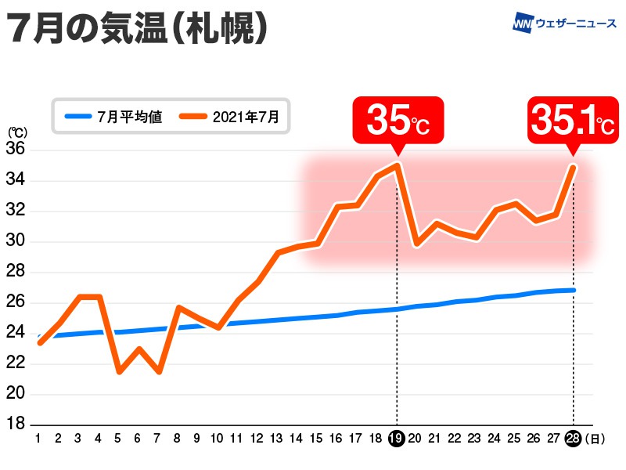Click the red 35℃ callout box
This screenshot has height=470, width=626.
pyautogui.click(x=398, y=121)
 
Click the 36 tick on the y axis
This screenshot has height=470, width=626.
pyautogui.click(x=16, y=150)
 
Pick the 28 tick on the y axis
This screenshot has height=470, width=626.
pyautogui.click(x=16, y=272)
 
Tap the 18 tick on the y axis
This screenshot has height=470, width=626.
pyautogui.click(x=16, y=425)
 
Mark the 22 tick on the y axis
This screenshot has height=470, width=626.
pyautogui.click(x=16, y=363)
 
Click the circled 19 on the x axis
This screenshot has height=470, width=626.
pyautogui.click(x=397, y=439)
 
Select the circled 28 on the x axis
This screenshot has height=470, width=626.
pyautogui.click(x=574, y=439)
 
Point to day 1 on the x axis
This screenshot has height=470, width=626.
pyautogui.click(x=38, y=439)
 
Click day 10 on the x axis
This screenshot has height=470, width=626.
pyautogui.click(x=218, y=439)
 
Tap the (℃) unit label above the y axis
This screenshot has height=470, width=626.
pyautogui.click(x=16, y=133)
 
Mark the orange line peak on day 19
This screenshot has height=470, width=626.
pyautogui.click(x=398, y=164)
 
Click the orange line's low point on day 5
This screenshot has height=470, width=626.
pyautogui.click(x=118, y=371)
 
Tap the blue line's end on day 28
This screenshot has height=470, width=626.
pyautogui.click(x=574, y=291)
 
